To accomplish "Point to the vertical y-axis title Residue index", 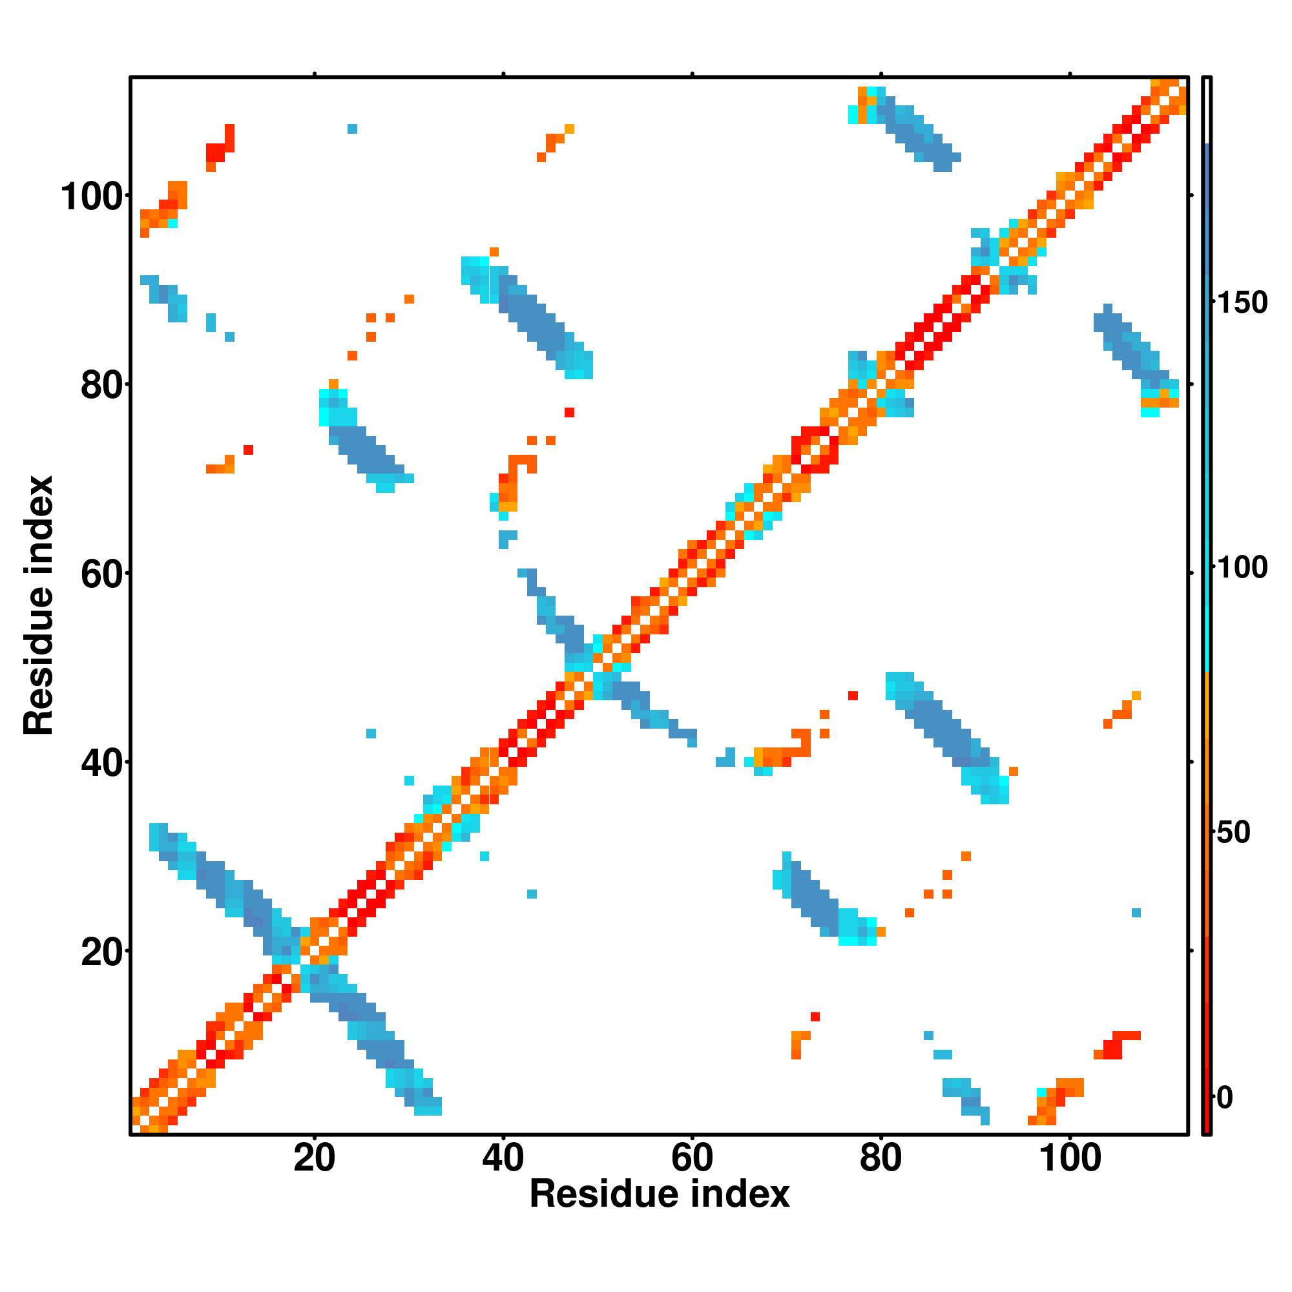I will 39,606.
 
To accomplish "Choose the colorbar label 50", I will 1234,833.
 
